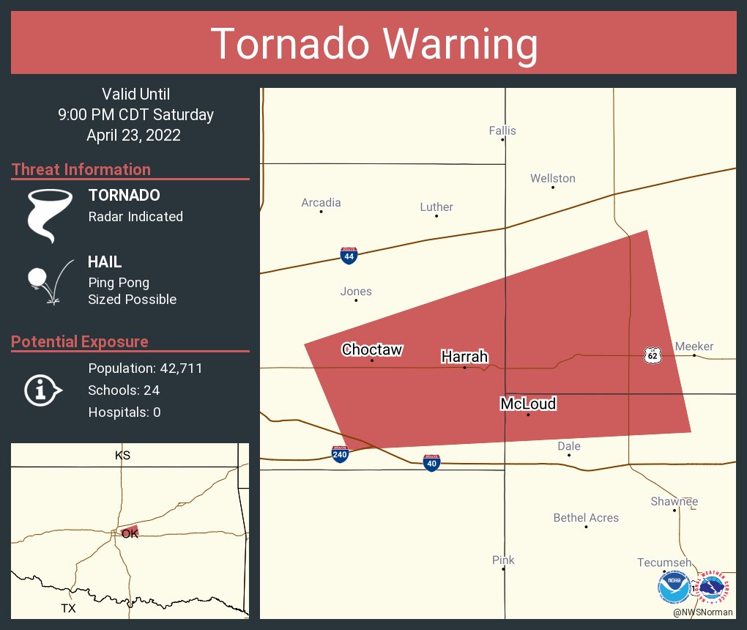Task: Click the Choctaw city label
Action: click(x=372, y=350)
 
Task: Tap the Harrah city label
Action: click(x=464, y=357)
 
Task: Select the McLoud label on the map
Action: click(x=528, y=404)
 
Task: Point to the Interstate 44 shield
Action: click(x=349, y=256)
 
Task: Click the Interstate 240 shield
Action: click(x=340, y=454)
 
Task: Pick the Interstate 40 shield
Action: click(x=432, y=462)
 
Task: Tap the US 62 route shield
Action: click(x=652, y=355)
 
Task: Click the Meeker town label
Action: click(x=694, y=346)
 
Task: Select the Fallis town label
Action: click(x=502, y=131)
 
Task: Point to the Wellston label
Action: click(x=553, y=179)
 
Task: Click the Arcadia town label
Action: click(x=322, y=203)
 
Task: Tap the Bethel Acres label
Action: click(x=586, y=518)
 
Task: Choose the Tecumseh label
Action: click(x=664, y=563)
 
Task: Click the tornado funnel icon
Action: click(x=49, y=215)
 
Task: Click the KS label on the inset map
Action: click(x=122, y=456)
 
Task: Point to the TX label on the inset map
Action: click(x=68, y=609)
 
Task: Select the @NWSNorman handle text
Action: click(x=703, y=612)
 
